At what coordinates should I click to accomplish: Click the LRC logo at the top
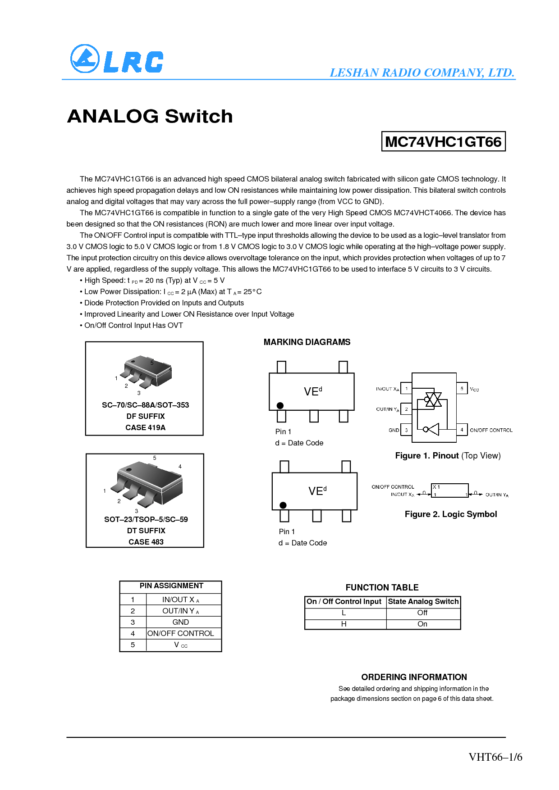[117, 59]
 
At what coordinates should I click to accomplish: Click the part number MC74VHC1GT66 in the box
[444, 141]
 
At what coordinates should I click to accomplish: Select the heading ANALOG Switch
[150, 116]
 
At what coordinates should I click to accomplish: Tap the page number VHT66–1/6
[495, 757]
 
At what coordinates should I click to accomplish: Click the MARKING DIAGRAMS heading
[307, 342]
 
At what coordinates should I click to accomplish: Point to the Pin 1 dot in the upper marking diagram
[280, 405]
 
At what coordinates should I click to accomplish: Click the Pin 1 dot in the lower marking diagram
[283, 505]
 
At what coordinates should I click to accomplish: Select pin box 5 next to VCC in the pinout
[462, 388]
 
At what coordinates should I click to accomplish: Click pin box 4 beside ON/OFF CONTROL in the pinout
[462, 430]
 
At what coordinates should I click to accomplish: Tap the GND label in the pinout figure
[394, 430]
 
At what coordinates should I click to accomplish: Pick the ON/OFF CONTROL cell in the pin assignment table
[181, 633]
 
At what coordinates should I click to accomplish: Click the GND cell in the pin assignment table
[181, 622]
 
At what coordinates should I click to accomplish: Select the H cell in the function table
[344, 624]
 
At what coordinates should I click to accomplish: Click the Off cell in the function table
[422, 613]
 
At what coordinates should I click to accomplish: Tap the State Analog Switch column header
[423, 601]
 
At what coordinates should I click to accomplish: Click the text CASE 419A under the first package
[146, 427]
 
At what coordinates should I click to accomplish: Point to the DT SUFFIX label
[146, 531]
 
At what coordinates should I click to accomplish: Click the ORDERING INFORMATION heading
[414, 677]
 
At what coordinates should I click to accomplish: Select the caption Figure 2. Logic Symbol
[451, 514]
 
